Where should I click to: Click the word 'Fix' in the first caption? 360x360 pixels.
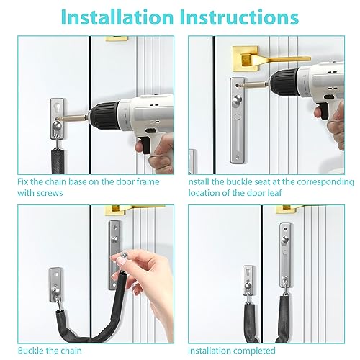(24, 183)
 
